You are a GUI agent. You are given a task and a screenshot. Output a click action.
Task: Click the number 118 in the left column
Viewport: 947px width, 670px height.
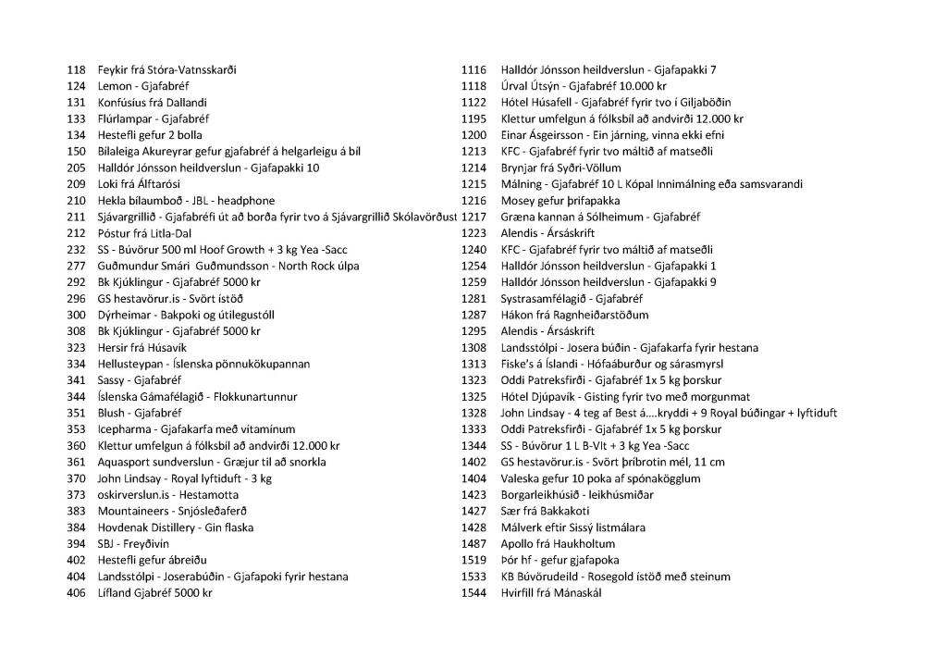pos(76,70)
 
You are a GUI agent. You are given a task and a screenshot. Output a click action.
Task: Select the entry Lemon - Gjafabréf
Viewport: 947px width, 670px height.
pos(143,86)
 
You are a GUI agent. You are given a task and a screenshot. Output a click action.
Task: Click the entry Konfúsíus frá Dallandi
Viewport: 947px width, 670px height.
pos(152,103)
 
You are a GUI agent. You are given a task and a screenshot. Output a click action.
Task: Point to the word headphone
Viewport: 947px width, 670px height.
pos(245,201)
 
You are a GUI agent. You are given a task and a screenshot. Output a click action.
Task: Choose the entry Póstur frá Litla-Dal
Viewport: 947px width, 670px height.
pos(144,233)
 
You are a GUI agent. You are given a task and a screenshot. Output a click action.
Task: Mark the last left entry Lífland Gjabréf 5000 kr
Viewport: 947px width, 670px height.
pos(154,593)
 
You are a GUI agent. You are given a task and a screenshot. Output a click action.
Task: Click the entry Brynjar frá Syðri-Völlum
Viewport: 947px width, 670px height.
pos(560,168)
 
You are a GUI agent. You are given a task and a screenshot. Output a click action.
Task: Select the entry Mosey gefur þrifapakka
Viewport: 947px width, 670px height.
pos(560,201)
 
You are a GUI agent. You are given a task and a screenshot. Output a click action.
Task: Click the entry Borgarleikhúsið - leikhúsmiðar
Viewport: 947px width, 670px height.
pos(576,495)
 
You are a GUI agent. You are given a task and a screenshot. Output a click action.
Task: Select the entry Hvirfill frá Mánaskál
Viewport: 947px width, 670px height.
pos(551,593)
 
